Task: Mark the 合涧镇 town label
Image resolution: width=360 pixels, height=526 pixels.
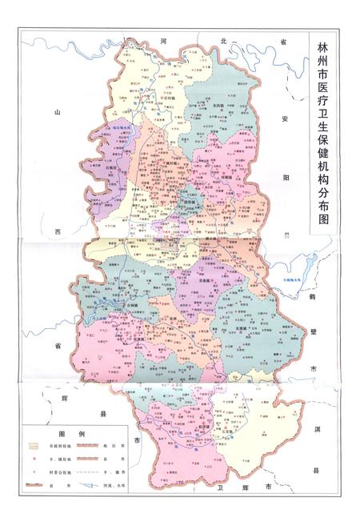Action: pos(136,306)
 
